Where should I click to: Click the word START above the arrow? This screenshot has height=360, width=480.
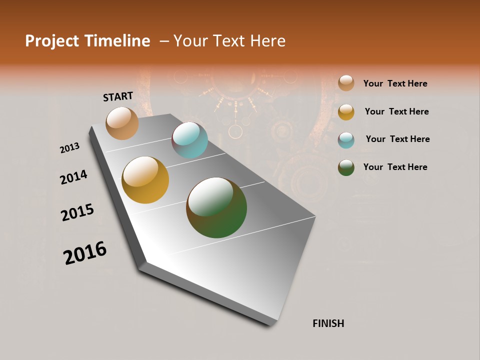click(118, 96)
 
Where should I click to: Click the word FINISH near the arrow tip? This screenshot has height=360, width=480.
click(328, 323)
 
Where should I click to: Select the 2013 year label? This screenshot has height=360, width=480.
click(69, 148)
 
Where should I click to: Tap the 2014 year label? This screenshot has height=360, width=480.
click(73, 177)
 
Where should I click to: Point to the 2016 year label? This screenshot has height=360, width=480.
click(85, 253)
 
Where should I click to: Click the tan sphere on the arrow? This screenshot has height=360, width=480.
click(122, 123)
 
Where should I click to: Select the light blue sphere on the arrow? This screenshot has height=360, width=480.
click(189, 140)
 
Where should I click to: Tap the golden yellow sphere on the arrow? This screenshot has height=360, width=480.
click(145, 180)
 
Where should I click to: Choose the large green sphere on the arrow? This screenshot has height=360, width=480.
click(216, 207)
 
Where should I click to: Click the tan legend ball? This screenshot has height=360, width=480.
click(346, 83)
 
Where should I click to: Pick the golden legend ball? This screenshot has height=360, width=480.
click(346, 112)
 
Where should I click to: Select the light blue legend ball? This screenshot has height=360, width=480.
click(346, 140)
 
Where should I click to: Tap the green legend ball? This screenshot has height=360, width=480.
click(346, 167)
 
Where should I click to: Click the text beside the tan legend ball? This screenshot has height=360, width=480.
click(395, 83)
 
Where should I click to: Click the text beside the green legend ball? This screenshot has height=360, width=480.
click(395, 167)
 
